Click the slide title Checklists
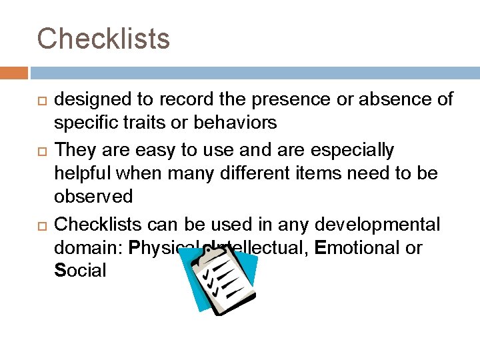coord(103,39)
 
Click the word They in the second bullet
coord(73,150)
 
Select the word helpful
coord(84,173)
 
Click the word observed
coord(93,197)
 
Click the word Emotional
coord(359,248)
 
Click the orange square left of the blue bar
coord(14,73)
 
